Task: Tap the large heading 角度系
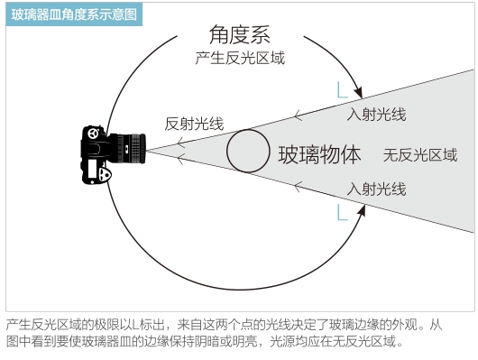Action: pyautogui.click(x=239, y=36)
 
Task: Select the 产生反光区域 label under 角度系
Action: pyautogui.click(x=239, y=59)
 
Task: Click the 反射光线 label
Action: pyautogui.click(x=194, y=125)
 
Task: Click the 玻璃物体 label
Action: pyautogui.click(x=319, y=154)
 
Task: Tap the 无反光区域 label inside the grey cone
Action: pyautogui.click(x=420, y=154)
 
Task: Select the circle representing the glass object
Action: pyautogui.click(x=247, y=150)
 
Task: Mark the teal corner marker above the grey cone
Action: pyautogui.click(x=341, y=89)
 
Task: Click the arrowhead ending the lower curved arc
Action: pyautogui.click(x=361, y=208)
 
